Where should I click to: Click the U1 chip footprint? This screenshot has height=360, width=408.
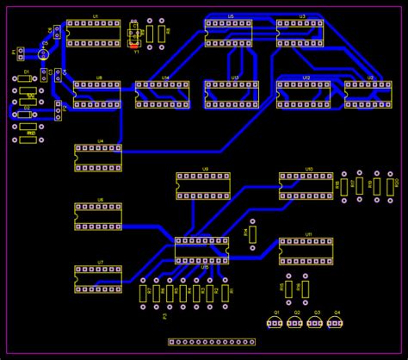click(94, 33)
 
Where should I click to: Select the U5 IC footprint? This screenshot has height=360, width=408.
click(229, 32)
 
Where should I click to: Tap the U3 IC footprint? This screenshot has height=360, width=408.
click(300, 32)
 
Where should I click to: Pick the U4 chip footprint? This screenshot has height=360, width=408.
click(98, 158)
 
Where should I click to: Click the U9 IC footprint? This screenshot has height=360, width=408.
click(204, 185)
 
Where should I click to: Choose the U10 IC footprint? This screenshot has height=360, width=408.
click(306, 185)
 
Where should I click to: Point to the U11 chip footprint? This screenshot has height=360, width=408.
click(306, 251)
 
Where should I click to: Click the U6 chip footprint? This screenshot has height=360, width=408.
click(98, 216)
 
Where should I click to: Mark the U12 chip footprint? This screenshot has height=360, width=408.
click(303, 93)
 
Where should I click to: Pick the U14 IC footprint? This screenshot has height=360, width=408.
click(162, 94)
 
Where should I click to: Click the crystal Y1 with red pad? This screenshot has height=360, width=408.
click(134, 34)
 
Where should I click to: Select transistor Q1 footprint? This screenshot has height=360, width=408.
click(275, 323)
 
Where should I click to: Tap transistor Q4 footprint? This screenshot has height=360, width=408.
click(336, 323)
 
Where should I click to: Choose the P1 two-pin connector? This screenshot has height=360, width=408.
click(21, 53)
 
